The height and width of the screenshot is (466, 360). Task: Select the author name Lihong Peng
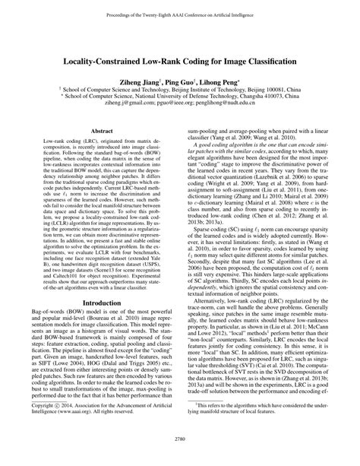pyautogui.click(x=222, y=78)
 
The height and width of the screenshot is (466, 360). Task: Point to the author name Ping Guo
pyautogui.click(x=181, y=78)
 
